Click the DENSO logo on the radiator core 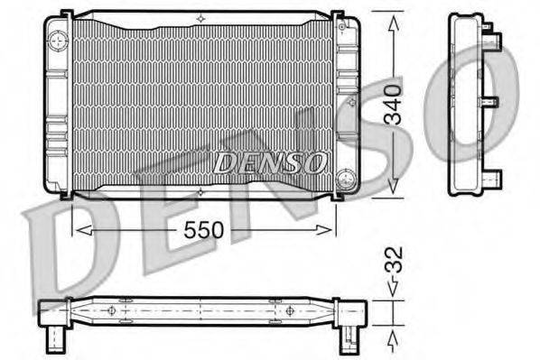[x=270, y=162]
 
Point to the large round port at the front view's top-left [x=59, y=40]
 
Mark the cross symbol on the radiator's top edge [x=200, y=18]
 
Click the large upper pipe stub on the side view [x=493, y=37]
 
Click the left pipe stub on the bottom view [x=56, y=338]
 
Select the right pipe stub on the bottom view [x=347, y=338]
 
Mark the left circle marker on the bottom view [x=112, y=310]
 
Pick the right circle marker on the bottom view [x=289, y=310]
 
